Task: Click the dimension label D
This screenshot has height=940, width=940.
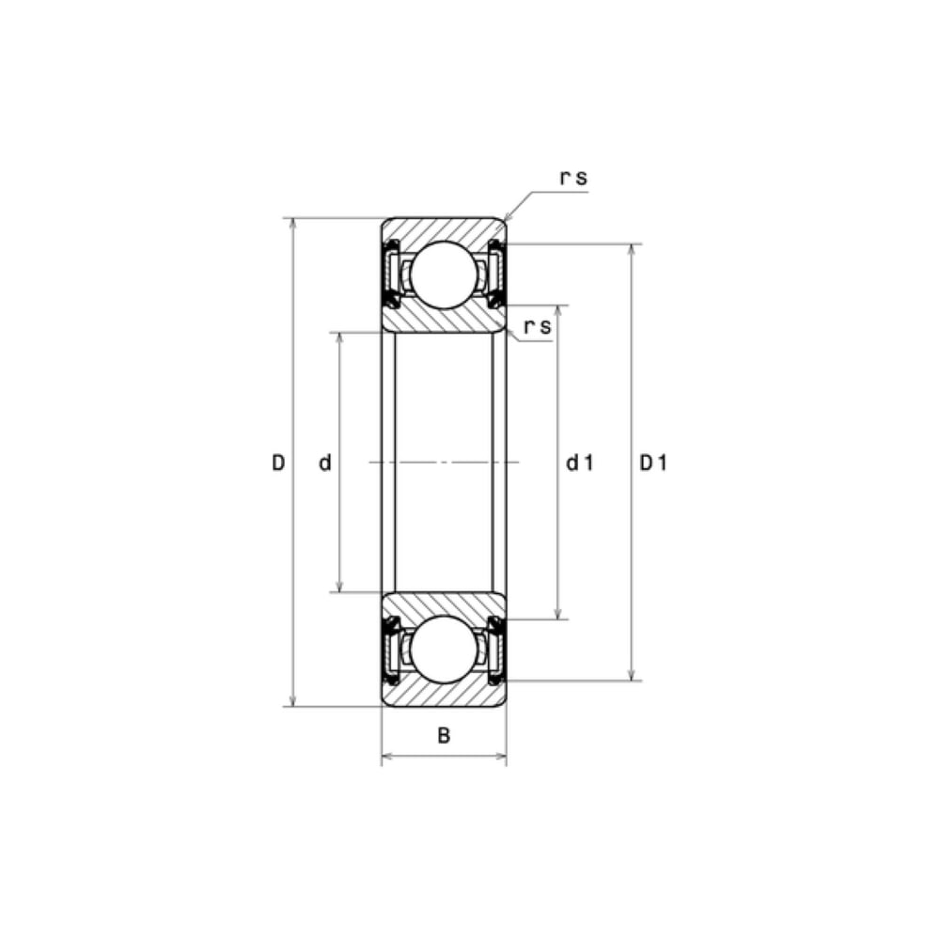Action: click(278, 462)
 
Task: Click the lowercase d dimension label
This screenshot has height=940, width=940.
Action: click(325, 462)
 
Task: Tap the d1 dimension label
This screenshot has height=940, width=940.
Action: click(580, 462)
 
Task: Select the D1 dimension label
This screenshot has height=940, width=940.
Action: click(653, 462)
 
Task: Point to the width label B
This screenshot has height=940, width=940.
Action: click(444, 735)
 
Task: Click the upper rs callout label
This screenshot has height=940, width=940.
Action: click(573, 178)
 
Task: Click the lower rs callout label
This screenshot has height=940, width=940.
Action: click(538, 327)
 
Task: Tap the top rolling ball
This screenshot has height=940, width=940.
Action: click(445, 275)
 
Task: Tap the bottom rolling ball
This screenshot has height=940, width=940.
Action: click(445, 650)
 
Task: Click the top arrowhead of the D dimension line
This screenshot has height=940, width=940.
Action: click(292, 223)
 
